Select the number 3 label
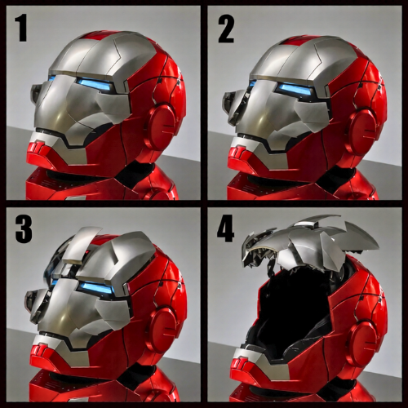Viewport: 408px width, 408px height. [x=23, y=229]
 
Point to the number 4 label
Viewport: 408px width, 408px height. [x=225, y=229]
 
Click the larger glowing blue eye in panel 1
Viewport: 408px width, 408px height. [x=96, y=85]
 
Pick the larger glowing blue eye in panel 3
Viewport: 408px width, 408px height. [x=95, y=286]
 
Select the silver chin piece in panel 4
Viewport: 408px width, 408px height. [x=249, y=353]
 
